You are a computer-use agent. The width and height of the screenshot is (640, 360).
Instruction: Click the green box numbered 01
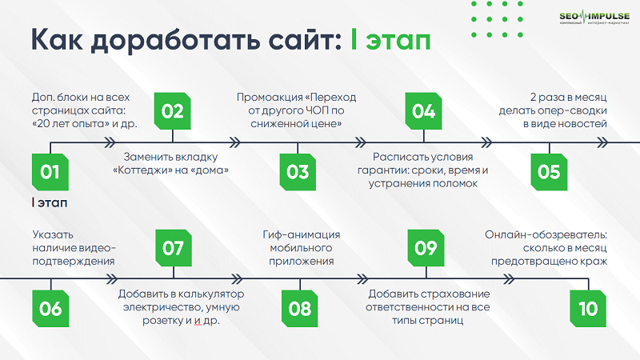[x=50, y=171]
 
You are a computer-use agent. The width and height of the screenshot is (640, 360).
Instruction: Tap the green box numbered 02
[x=173, y=111]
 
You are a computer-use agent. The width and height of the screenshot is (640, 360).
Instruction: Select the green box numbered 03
[x=298, y=171]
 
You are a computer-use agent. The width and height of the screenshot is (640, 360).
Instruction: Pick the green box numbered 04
[x=423, y=111]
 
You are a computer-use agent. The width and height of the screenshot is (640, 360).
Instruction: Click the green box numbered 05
[x=549, y=171]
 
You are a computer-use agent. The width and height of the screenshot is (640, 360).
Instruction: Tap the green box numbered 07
[x=173, y=248]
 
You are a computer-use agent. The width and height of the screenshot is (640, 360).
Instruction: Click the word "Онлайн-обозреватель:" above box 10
[x=546, y=234]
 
